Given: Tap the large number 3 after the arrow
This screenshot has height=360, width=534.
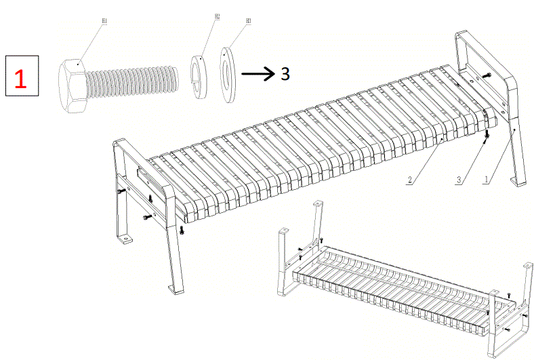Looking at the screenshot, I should pos(285,73).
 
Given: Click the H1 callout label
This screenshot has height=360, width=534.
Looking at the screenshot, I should pos(104,22).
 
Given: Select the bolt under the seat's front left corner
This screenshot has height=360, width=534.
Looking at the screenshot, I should pos(184,230).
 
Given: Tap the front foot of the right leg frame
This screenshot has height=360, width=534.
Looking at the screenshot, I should pos(520,182).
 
